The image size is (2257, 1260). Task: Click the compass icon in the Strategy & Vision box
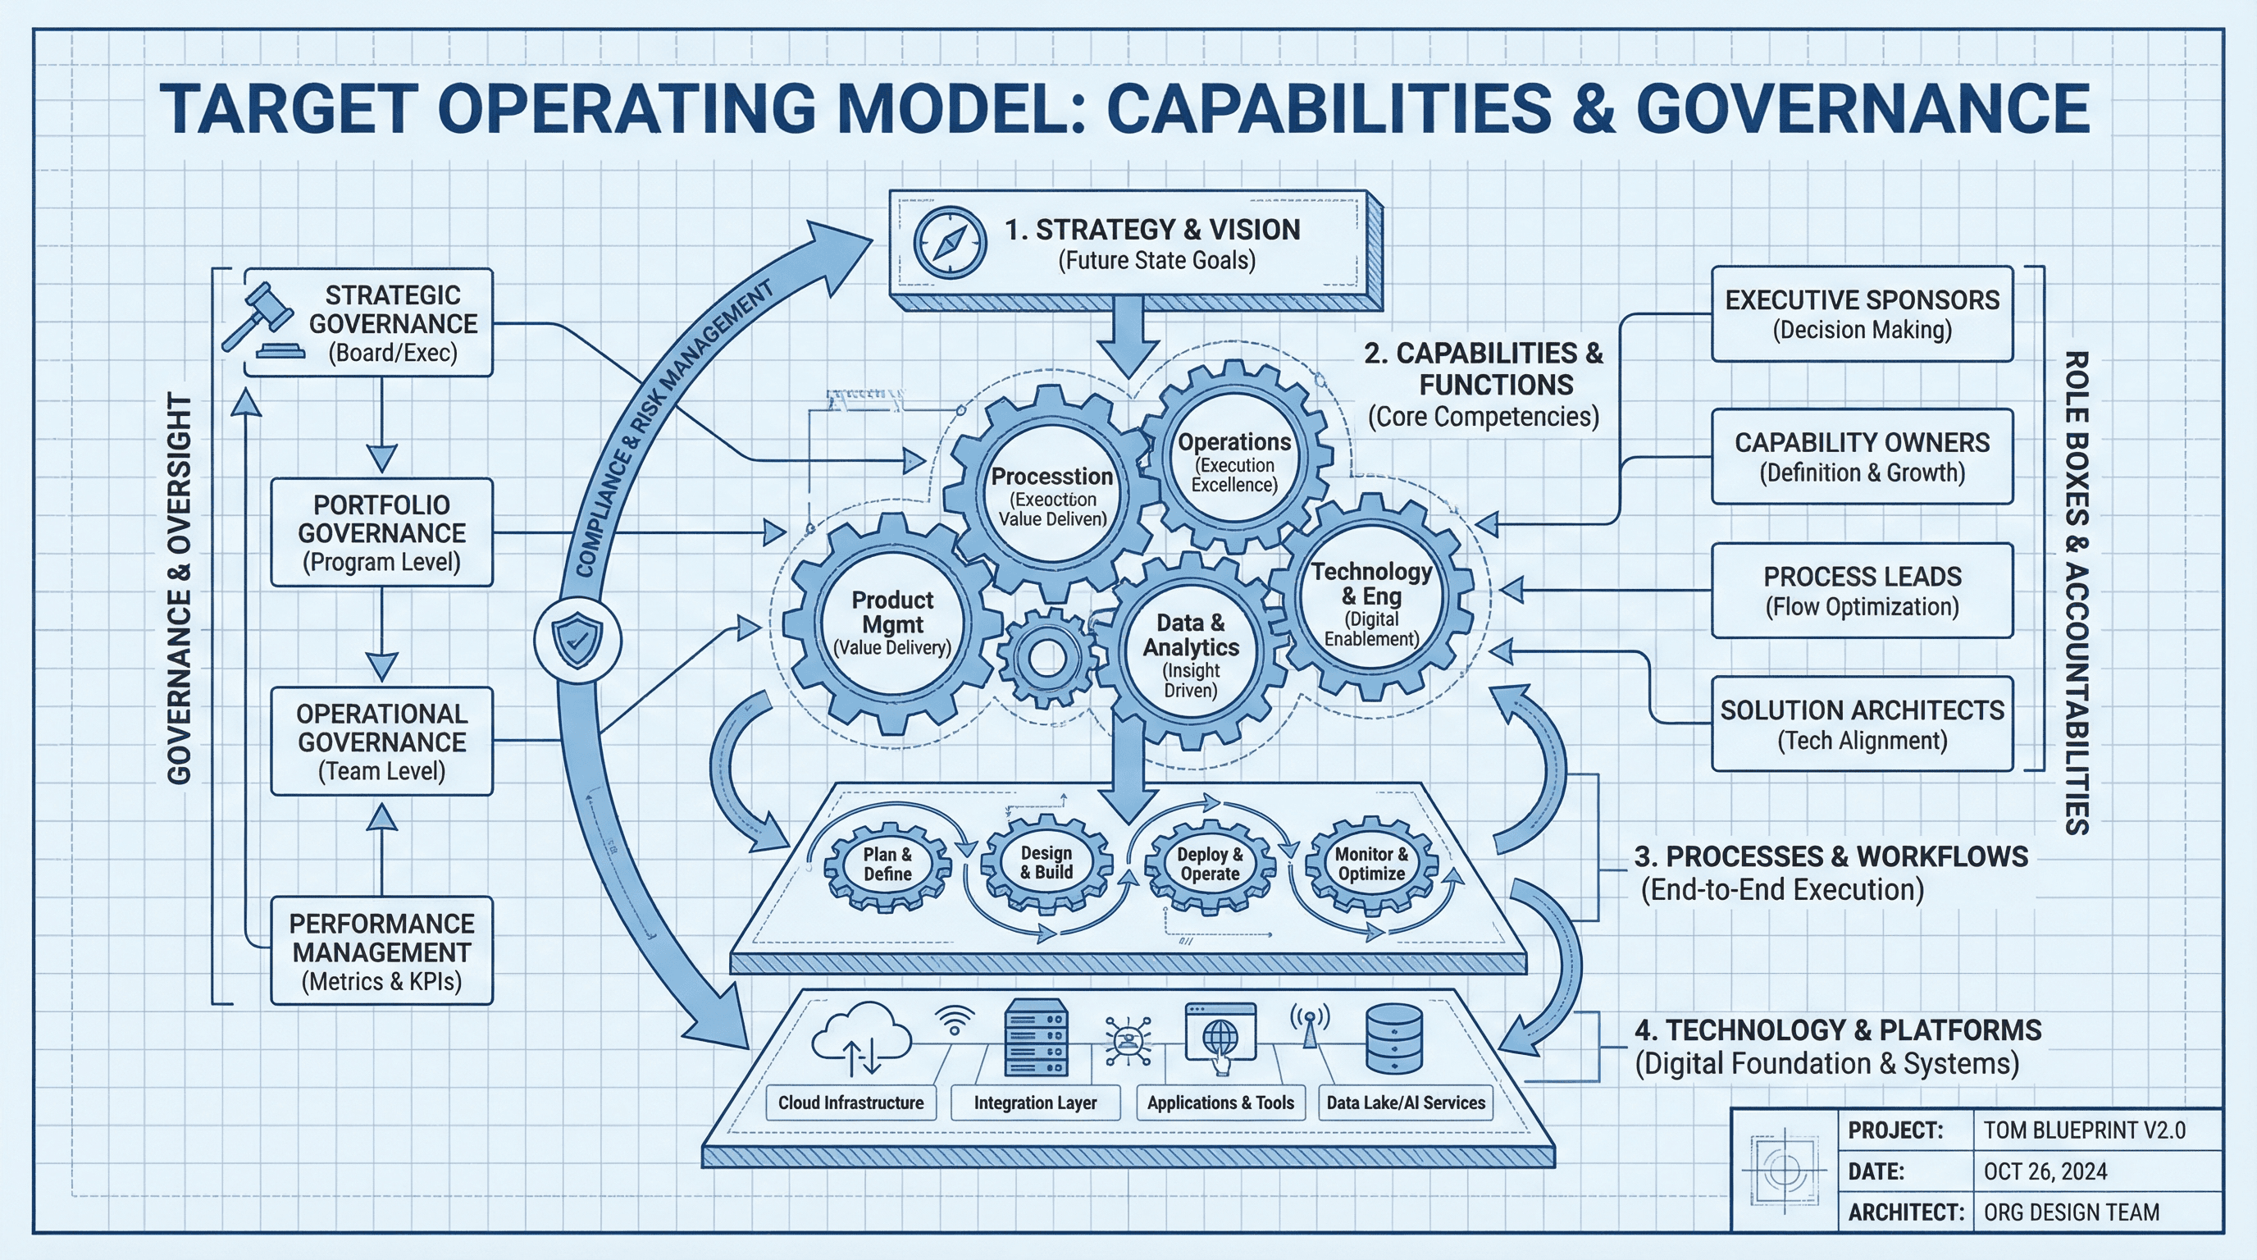click(x=950, y=243)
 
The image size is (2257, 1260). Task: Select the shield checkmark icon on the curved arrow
click(x=578, y=641)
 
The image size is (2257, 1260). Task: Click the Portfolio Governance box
click(x=381, y=532)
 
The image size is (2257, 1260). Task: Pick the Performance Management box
click(x=381, y=951)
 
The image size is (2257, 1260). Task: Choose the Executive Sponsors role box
click(x=1861, y=313)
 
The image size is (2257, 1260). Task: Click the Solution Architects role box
click(x=1861, y=724)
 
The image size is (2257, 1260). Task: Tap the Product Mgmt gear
click(x=892, y=623)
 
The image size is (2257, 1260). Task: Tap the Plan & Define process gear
click(x=887, y=864)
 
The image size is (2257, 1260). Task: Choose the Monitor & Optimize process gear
click(x=1371, y=864)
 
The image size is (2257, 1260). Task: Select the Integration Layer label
click(x=1035, y=1102)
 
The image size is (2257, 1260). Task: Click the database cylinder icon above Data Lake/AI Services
click(x=1394, y=1039)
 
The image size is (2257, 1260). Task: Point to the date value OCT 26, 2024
click(x=2045, y=1171)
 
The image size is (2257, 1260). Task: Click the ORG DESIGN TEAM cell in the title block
click(x=2072, y=1212)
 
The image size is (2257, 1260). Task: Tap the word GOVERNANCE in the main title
click(x=1862, y=108)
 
